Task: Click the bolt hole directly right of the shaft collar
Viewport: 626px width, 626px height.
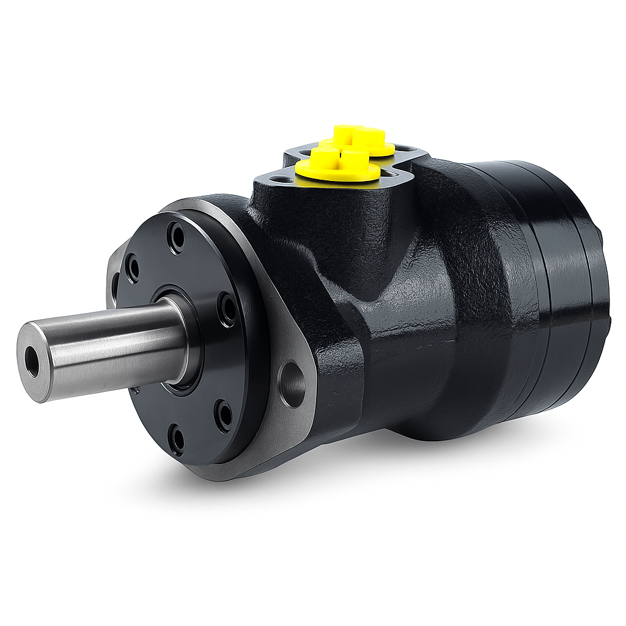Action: (227, 309)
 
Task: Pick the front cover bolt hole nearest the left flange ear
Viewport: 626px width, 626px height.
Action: (132, 268)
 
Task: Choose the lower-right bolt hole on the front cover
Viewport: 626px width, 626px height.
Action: (225, 414)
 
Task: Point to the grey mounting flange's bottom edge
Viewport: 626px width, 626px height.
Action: (245, 471)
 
